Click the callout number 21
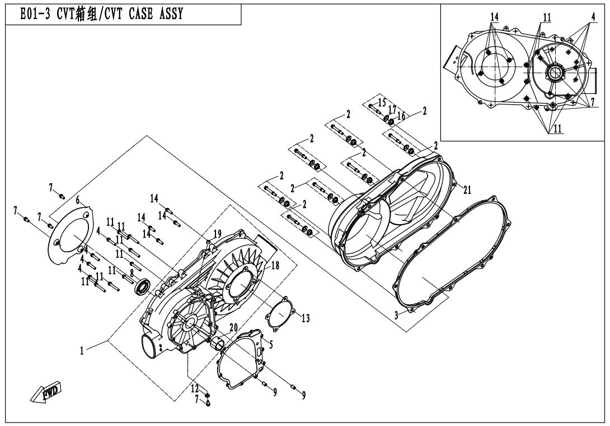coord(467,189)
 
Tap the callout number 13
coord(306,318)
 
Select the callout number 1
coord(82,351)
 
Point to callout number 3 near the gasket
coord(396,316)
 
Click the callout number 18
coord(275,266)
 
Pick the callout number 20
coord(233,327)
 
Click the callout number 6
coord(78,200)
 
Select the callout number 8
coord(132,274)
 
